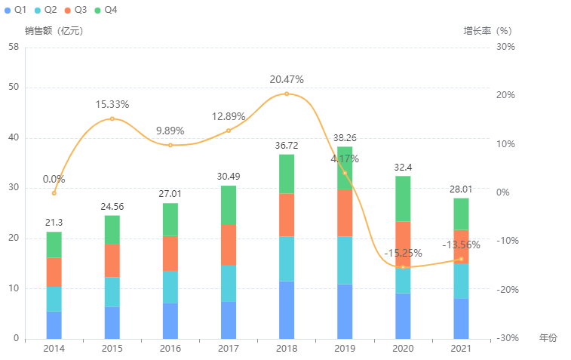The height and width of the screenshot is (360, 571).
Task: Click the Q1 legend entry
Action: (16, 10)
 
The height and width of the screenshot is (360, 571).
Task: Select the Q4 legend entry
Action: (105, 10)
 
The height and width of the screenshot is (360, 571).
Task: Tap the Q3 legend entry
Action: (75, 10)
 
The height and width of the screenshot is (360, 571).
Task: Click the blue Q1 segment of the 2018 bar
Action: (287, 309)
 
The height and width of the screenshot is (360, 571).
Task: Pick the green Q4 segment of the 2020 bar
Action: (403, 198)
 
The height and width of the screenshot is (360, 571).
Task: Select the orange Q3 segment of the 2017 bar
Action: (229, 245)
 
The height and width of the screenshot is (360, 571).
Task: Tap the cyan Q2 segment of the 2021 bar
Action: (461, 281)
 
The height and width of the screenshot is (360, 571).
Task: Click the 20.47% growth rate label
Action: (287, 79)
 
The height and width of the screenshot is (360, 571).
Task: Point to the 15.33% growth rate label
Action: (112, 104)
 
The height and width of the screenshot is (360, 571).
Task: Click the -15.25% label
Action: (403, 253)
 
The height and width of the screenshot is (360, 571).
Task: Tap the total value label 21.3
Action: (54, 221)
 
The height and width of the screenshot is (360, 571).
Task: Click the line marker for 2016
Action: (170, 145)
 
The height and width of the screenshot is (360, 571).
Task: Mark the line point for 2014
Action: (54, 193)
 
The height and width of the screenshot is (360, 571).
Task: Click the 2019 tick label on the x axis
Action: (345, 349)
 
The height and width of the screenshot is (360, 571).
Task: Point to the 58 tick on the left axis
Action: (14, 47)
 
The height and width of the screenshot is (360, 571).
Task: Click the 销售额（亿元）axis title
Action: (54, 31)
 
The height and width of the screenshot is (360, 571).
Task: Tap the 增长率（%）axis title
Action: (487, 31)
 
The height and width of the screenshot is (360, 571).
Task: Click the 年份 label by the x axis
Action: (548, 338)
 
